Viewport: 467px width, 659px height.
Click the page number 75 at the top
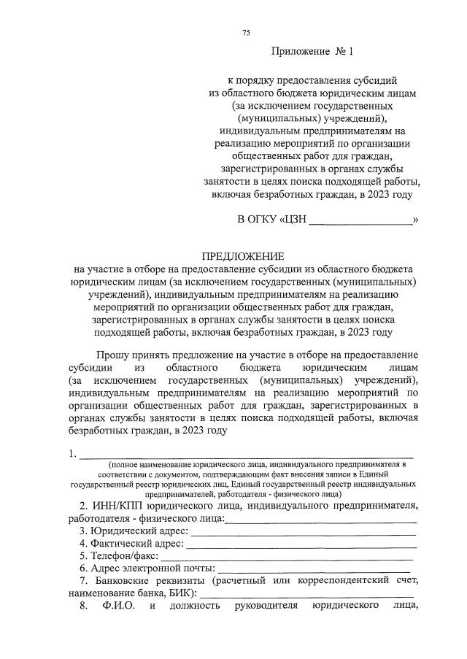246,33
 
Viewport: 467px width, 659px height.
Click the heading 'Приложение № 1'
312,52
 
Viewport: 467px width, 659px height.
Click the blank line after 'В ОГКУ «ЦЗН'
360,220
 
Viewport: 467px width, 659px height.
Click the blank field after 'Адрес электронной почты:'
313,568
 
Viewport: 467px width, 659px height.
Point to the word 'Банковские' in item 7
125,581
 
